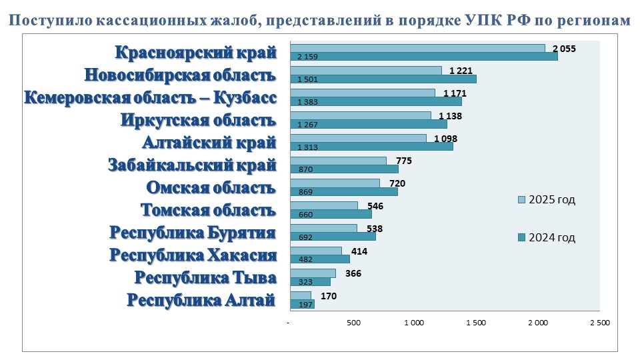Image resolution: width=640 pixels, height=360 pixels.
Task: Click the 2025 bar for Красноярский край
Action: [417, 48]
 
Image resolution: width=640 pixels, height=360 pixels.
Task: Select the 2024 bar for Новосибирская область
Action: [383, 79]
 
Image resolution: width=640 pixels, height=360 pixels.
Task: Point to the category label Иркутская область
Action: [198, 121]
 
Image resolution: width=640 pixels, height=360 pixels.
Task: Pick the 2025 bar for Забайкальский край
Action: [338, 161]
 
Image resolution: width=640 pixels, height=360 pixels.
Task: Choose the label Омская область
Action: [211, 188]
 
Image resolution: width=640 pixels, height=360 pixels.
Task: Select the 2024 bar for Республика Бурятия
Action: [333, 237]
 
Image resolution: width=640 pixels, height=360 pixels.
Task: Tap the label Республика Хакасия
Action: [193, 255]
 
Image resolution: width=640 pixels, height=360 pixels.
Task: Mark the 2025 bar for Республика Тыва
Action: [313, 273]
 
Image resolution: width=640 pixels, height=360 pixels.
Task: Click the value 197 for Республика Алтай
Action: [305, 305]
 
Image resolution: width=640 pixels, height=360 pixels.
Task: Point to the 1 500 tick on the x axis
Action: [476, 323]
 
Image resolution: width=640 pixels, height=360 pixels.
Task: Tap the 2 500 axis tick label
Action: [599, 323]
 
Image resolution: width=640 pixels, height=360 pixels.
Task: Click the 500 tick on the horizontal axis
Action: [353, 323]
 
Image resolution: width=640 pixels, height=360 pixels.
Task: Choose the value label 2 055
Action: [564, 49]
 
